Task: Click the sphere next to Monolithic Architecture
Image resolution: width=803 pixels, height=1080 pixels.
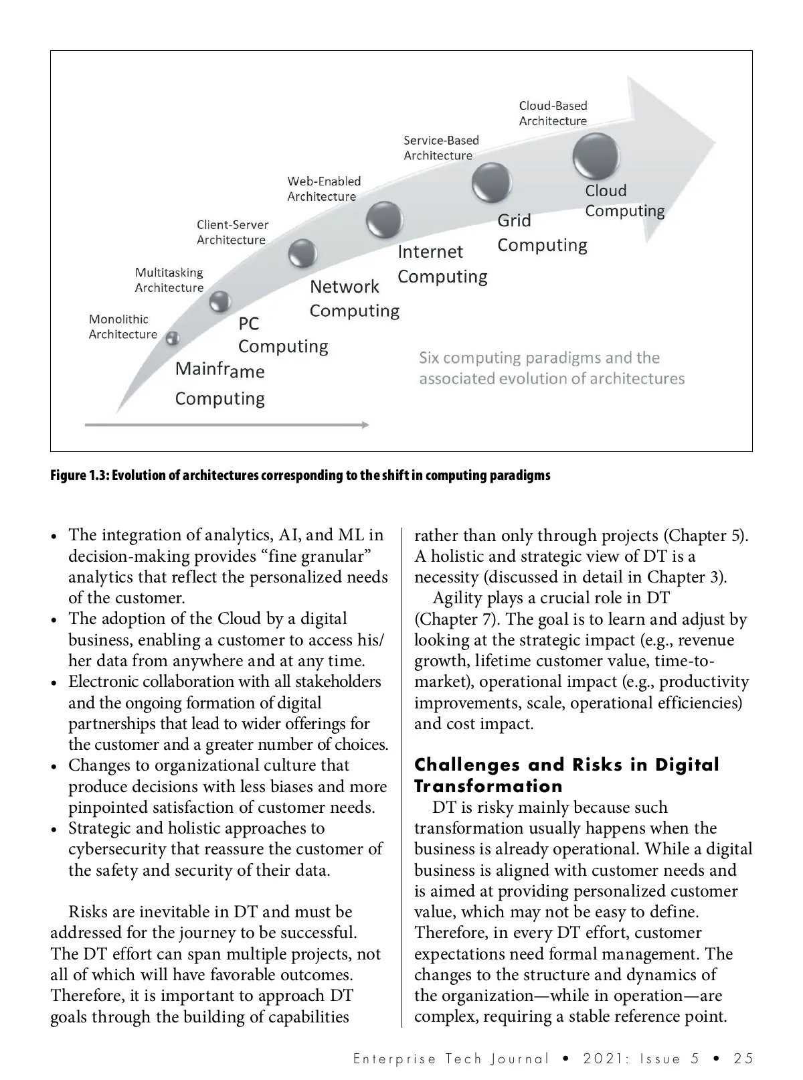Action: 173,338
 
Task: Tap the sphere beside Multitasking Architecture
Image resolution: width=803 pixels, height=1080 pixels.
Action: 219,302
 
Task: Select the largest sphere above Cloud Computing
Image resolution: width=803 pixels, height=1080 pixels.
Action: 596,156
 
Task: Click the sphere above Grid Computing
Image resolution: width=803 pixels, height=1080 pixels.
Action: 492,182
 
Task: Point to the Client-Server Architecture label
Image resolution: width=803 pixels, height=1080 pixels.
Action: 232,232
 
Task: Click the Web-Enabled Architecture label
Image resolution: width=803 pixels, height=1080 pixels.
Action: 324,189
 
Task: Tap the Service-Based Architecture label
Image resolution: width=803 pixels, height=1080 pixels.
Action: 441,148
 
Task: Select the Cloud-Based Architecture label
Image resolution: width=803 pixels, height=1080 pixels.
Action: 553,113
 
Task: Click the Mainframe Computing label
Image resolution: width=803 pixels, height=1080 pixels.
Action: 219,384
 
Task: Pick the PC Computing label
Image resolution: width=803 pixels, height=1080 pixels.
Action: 282,335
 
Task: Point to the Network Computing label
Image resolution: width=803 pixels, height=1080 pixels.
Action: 354,299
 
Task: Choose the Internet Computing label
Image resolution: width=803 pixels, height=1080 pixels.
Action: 442,264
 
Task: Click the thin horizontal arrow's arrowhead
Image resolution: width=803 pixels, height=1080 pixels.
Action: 365,425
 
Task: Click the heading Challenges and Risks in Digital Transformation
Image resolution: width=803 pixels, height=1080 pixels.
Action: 566,775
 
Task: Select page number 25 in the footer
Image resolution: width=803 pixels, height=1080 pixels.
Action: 743,1059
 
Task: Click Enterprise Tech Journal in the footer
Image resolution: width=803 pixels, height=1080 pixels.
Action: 450,1059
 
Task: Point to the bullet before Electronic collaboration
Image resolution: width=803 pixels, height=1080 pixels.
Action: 54,684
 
